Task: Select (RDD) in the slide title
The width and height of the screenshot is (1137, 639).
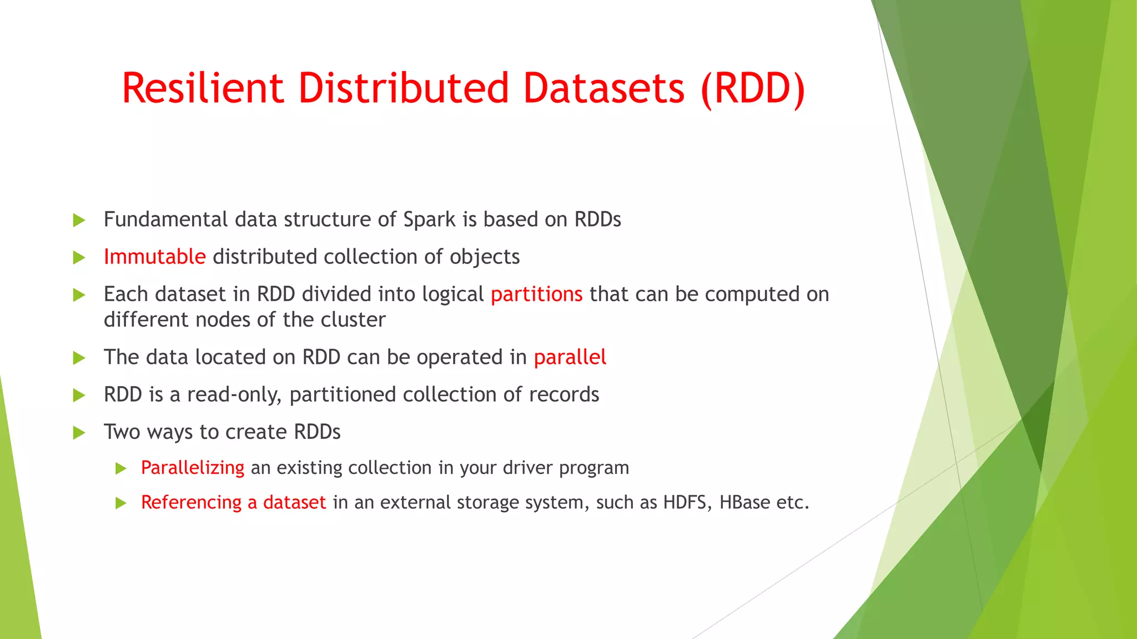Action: pos(752,89)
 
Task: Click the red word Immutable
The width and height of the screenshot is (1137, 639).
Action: pos(154,257)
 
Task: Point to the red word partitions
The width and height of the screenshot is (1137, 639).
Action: pos(536,294)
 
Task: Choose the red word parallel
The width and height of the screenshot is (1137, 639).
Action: pos(570,357)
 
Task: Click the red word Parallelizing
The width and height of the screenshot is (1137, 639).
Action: pos(192,468)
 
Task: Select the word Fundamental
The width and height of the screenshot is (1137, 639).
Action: pos(165,220)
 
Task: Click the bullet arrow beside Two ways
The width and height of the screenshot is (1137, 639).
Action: pos(79,433)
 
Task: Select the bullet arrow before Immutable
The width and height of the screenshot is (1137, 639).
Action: pos(79,257)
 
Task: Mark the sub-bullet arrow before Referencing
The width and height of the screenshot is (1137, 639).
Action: pos(121,503)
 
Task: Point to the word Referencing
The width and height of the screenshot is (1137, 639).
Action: pos(191,503)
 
